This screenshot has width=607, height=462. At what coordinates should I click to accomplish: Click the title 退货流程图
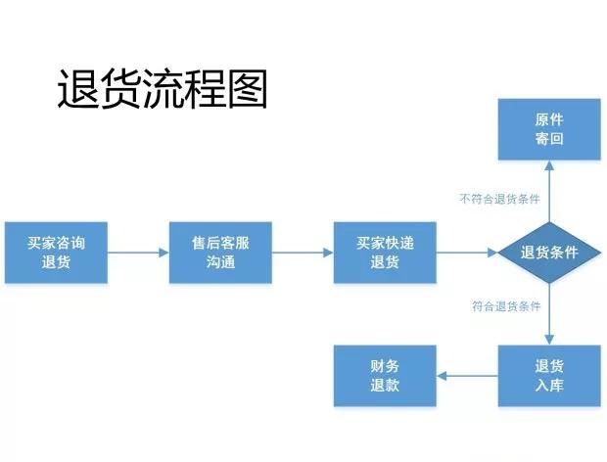(x=162, y=90)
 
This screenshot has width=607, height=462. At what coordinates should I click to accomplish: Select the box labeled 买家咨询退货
(x=56, y=253)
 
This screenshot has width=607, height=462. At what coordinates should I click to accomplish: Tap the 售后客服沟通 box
(x=220, y=253)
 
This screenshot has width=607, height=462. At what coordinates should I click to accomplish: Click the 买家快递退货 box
(x=385, y=253)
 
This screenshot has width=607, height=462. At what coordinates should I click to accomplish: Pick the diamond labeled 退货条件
(x=548, y=253)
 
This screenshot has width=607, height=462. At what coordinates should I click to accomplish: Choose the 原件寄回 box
(x=548, y=129)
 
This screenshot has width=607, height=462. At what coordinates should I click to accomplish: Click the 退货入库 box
(x=548, y=376)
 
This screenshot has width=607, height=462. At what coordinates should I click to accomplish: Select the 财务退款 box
(x=385, y=376)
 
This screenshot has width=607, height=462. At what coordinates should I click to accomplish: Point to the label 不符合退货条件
(x=499, y=198)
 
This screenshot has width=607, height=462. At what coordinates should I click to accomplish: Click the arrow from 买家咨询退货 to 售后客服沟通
(x=138, y=253)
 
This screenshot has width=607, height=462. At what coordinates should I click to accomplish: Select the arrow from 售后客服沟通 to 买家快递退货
(x=303, y=253)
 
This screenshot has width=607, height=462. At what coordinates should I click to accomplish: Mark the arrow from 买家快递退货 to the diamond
(x=466, y=253)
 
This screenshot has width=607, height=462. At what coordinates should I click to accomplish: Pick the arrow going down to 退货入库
(x=548, y=313)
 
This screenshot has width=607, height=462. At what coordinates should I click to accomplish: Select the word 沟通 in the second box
(x=220, y=262)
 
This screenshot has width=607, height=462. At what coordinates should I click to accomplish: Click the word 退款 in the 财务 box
(x=385, y=386)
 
